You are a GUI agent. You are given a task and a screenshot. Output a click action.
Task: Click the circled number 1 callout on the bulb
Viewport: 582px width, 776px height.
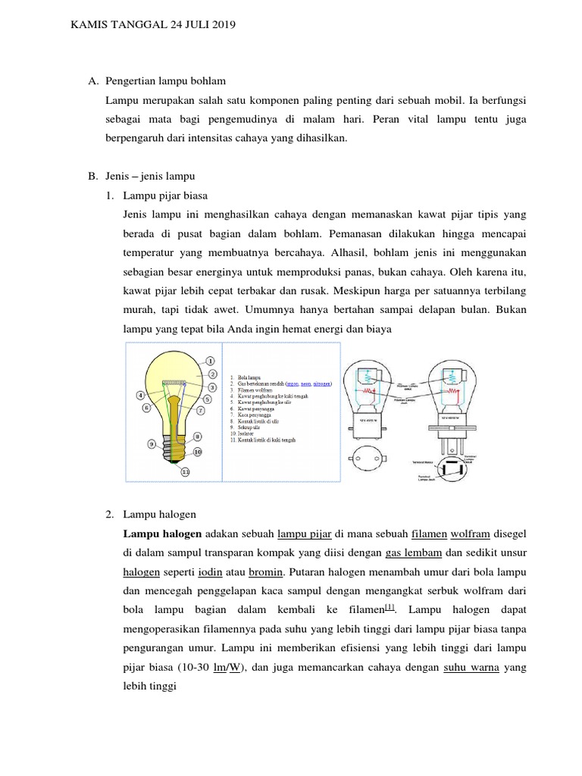(x=210, y=361)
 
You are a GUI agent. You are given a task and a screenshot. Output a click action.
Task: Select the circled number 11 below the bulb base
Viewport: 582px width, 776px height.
(x=186, y=471)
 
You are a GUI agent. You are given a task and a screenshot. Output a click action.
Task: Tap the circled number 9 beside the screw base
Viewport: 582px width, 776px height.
(x=152, y=443)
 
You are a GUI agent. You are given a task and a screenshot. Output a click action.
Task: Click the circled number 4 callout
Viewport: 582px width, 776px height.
(x=141, y=395)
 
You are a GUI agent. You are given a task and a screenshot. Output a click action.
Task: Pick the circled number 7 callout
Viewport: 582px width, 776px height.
(x=201, y=410)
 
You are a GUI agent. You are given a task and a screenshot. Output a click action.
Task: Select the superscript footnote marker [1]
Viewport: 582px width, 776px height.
(x=390, y=608)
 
